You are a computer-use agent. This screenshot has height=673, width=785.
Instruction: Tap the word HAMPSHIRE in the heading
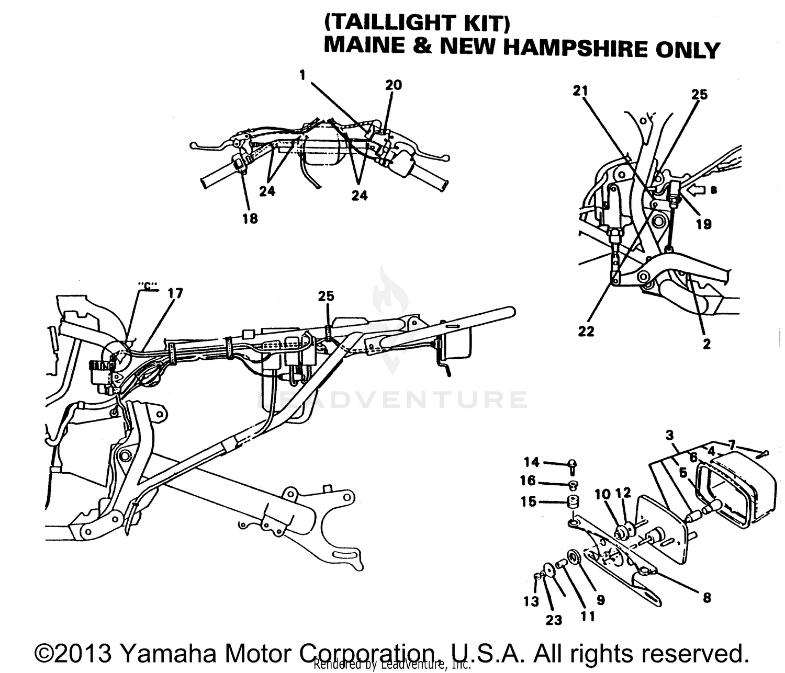(575, 48)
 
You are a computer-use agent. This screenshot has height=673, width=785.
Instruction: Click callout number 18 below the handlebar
(250, 219)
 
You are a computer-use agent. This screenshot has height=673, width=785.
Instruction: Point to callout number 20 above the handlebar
(394, 85)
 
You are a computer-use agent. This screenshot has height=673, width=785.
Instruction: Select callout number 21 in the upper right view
(580, 91)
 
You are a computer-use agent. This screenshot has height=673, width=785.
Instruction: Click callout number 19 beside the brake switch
(703, 224)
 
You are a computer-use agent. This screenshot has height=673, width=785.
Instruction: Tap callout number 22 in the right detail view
(586, 332)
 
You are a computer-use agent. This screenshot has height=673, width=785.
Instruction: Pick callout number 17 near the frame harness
(175, 293)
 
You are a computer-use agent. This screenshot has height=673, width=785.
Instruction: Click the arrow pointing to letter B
(696, 191)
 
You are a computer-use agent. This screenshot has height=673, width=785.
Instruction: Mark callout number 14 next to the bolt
(532, 462)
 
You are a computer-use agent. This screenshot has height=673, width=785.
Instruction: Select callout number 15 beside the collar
(529, 501)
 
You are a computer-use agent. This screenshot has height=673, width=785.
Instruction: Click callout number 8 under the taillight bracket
(706, 598)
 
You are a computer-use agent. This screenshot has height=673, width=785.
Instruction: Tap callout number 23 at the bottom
(554, 620)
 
